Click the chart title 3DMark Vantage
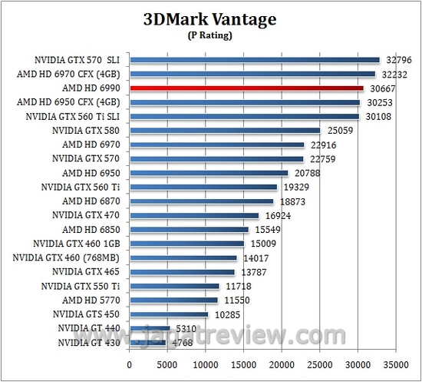(211, 18)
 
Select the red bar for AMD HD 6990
(246, 88)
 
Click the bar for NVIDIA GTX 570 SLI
(255, 60)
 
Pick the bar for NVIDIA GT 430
(148, 343)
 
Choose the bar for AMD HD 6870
(202, 201)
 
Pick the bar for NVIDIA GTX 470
(194, 216)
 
